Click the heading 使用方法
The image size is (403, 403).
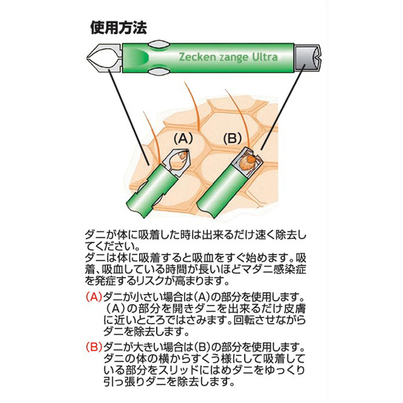tap(119, 28)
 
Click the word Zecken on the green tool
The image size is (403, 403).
tap(197, 57)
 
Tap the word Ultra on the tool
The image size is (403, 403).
tap(264, 57)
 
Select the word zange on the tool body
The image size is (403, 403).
tap(233, 57)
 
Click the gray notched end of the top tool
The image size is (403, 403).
tap(308, 58)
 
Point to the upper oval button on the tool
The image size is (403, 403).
tap(159, 44)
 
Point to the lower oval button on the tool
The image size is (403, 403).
tap(159, 72)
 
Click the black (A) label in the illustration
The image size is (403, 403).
tap(183, 139)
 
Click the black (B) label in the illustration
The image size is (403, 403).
tap(232, 139)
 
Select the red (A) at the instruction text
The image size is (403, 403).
tap(94, 297)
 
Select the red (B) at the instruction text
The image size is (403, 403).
tap(94, 348)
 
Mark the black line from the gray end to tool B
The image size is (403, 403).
tap(283, 107)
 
